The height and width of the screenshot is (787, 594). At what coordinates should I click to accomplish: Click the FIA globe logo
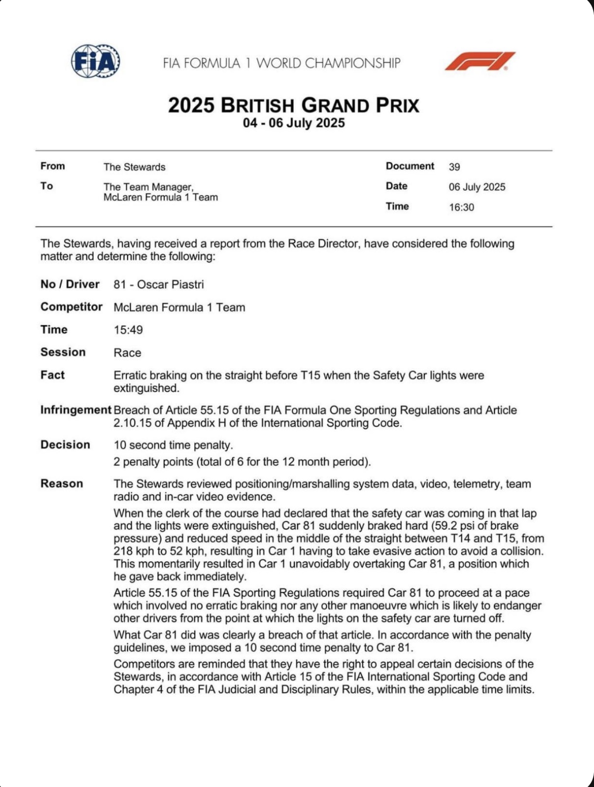coord(96,61)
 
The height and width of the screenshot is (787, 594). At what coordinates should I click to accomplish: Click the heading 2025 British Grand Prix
coord(293,105)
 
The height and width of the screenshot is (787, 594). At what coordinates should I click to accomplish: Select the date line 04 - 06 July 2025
coord(293,123)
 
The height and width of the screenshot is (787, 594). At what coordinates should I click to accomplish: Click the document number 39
coord(454,167)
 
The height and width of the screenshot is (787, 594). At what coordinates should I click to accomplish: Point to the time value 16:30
coord(462,207)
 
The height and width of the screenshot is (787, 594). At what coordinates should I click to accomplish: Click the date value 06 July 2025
coord(477,187)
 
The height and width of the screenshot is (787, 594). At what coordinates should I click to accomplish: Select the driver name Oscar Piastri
coord(170,284)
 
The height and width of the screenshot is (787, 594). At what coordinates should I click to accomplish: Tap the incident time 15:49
coord(128,330)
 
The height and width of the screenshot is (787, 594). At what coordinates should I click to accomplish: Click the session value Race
coord(127,353)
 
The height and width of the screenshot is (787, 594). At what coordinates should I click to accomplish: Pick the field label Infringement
coord(76,410)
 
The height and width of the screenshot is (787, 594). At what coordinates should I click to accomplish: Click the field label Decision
coord(65,445)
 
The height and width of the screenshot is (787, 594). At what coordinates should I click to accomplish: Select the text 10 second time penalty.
coord(173,445)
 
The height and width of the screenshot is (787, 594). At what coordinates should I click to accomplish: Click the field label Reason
coord(62,483)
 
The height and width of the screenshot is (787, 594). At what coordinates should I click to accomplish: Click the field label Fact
coord(52,375)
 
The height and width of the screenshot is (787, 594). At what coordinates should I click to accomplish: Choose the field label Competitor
coord(71,307)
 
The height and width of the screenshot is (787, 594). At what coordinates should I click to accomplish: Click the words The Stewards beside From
coord(134,167)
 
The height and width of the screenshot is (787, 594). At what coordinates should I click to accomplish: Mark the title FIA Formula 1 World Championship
coord(282,63)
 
